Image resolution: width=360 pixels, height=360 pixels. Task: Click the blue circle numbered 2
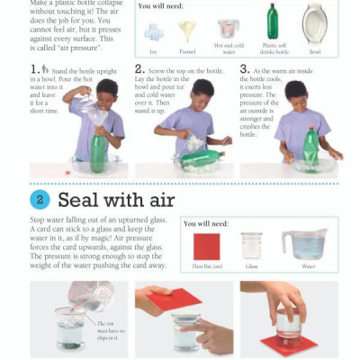[x=40, y=199]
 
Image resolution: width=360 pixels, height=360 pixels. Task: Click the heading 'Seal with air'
[x=116, y=199]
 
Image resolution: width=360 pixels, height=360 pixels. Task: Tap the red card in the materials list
[x=206, y=246]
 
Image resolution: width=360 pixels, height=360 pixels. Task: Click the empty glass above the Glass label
[x=252, y=245]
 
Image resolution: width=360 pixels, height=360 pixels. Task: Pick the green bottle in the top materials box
[x=272, y=22]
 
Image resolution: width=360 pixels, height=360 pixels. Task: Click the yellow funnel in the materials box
[x=186, y=31]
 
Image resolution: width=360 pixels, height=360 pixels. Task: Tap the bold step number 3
[x=244, y=69]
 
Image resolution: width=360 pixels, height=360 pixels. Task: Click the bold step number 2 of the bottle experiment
[x=139, y=69]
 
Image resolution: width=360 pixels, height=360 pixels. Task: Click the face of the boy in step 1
[x=106, y=91]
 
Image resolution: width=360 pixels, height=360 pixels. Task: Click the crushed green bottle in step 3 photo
[x=310, y=148]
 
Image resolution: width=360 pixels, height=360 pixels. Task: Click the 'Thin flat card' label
[x=206, y=266]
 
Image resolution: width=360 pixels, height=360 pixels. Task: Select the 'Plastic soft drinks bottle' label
[x=274, y=48]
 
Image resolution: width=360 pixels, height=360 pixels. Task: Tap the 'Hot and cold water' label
[x=228, y=48]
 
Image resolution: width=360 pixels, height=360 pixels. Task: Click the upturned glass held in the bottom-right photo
[x=289, y=324]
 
